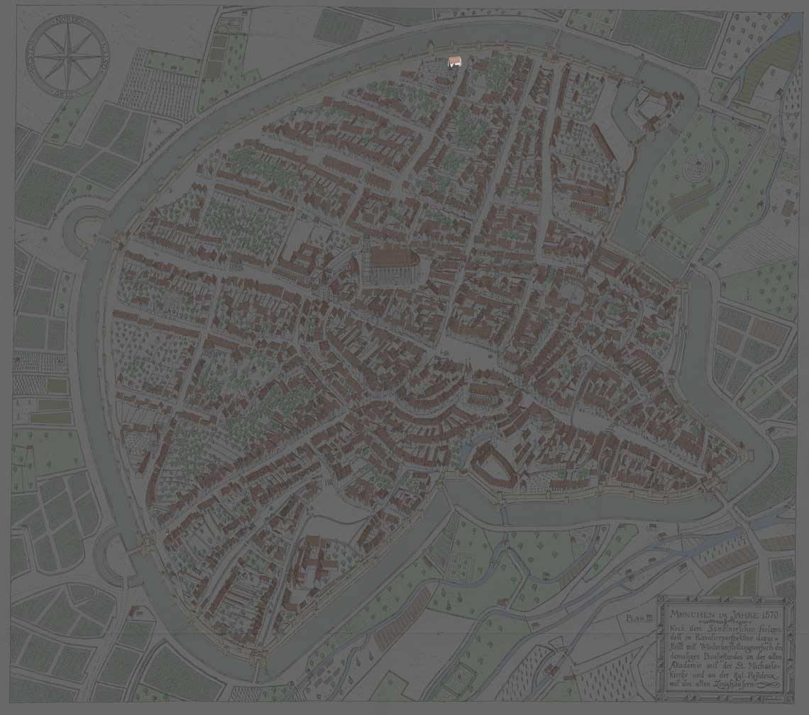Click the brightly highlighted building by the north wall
[454, 62]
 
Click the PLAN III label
[639, 618]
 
